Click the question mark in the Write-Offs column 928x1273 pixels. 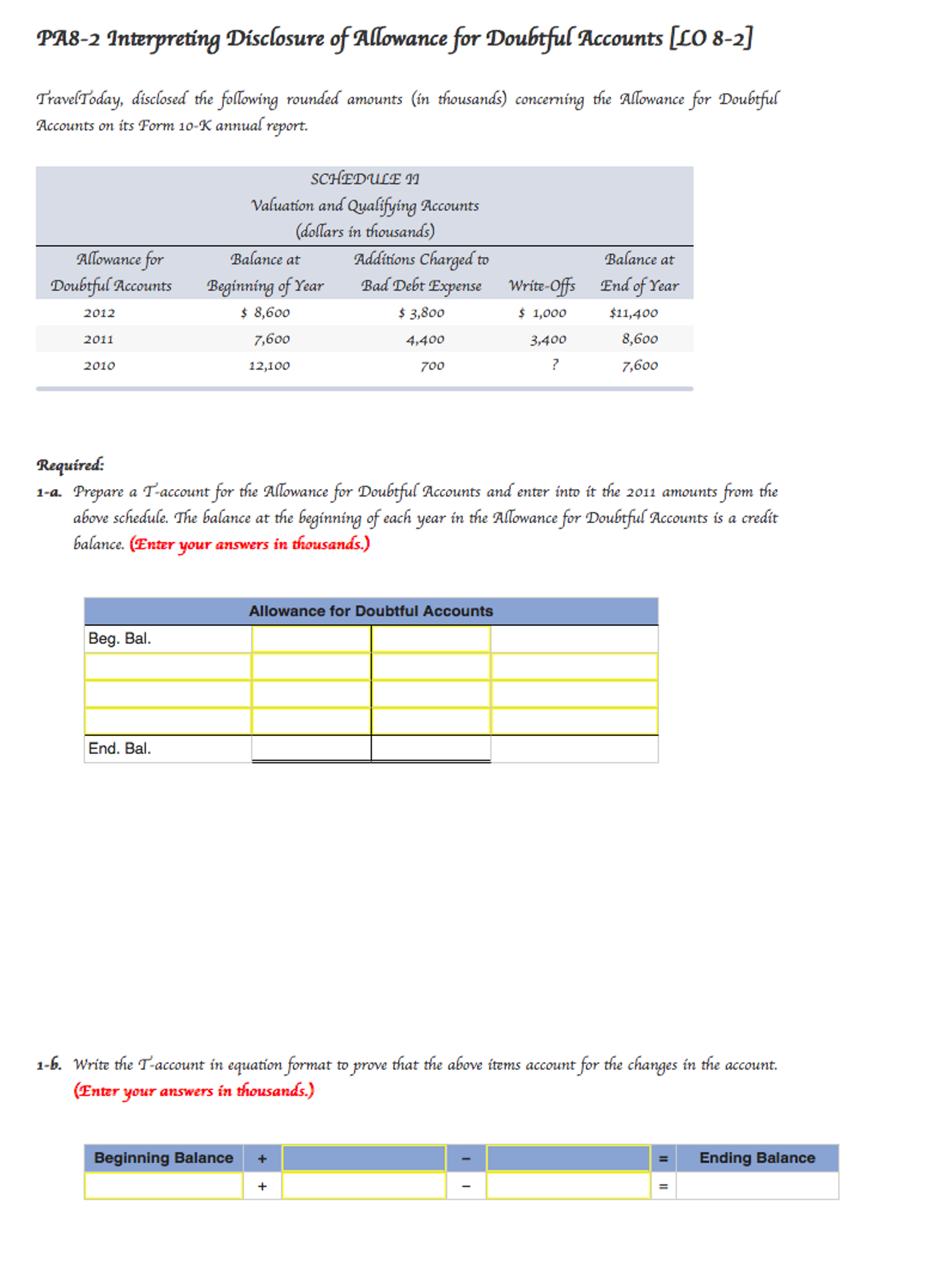[x=555, y=365]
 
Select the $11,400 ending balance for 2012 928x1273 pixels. [x=633, y=312]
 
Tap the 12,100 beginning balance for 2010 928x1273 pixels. [x=269, y=365]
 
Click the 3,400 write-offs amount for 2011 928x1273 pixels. [x=548, y=339]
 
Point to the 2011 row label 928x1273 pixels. [x=99, y=339]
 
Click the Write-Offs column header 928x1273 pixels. [x=542, y=286]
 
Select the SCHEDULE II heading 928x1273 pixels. [x=365, y=179]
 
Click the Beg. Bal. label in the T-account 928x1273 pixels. [x=119, y=638]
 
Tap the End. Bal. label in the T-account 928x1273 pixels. [x=119, y=748]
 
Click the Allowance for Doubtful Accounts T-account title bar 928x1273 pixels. [x=371, y=611]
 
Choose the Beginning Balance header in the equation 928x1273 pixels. [x=163, y=1158]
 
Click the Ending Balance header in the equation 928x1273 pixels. [x=756, y=1158]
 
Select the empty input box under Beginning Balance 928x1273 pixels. [x=163, y=1186]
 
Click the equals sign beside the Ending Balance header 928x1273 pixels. [x=663, y=1159]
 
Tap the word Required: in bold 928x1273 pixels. [x=70, y=465]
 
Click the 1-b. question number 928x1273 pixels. [x=49, y=1065]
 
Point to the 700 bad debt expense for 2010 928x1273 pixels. [x=432, y=365]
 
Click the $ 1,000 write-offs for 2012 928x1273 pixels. [x=542, y=312]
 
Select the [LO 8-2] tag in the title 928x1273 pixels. [x=711, y=39]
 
